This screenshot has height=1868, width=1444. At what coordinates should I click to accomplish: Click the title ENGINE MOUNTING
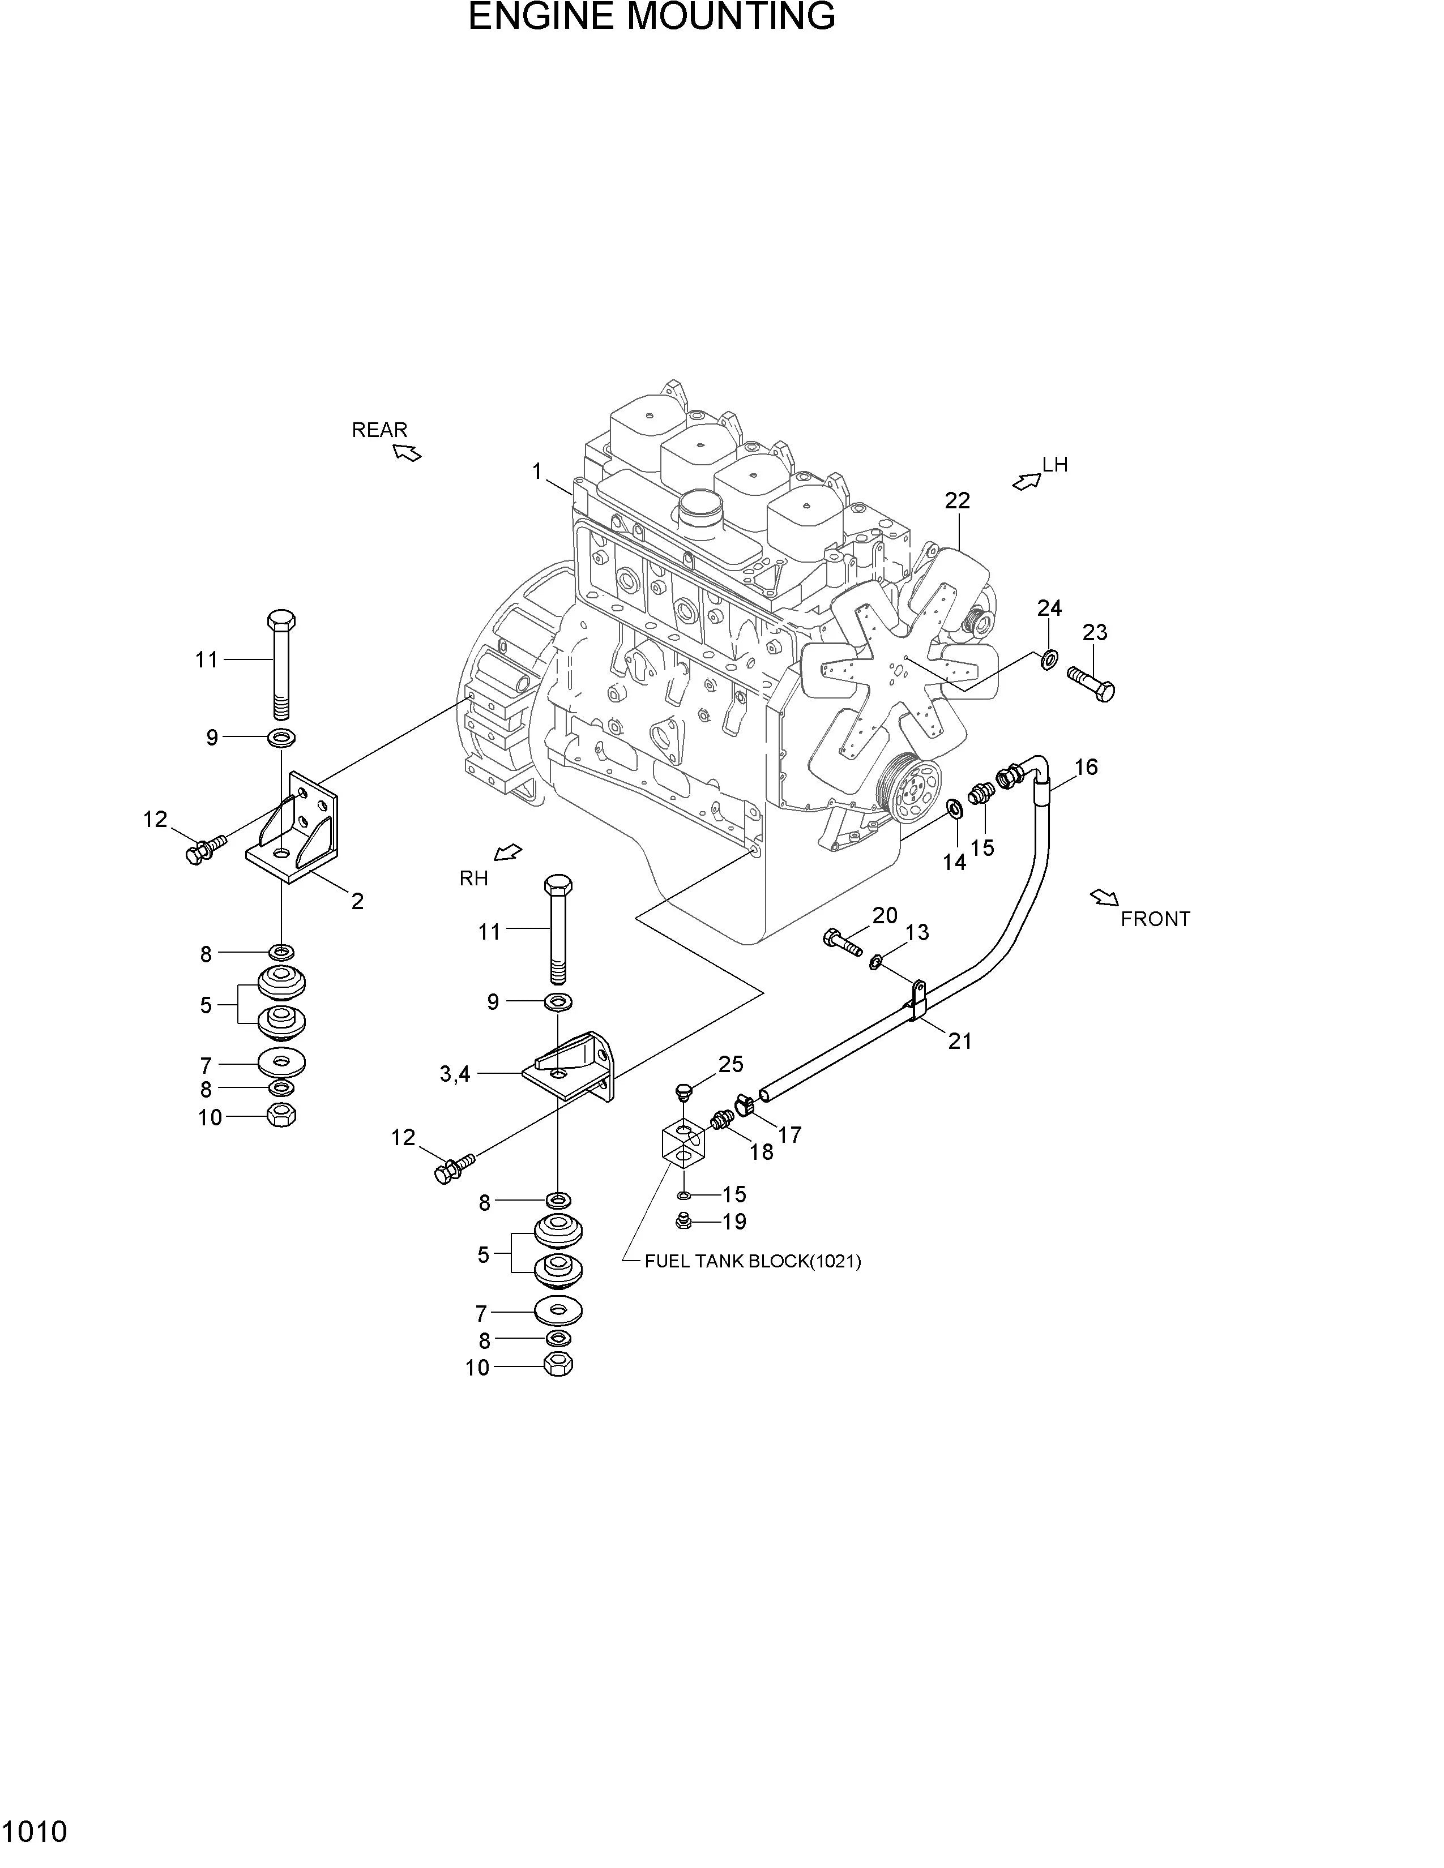651,17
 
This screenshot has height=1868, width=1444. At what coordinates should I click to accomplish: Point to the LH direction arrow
1026,482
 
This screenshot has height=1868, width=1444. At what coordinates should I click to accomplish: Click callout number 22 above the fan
957,501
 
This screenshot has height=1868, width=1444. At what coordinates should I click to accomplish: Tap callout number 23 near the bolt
1094,632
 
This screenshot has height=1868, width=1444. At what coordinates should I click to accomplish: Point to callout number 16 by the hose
1086,766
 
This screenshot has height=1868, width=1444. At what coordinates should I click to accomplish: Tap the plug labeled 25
683,1091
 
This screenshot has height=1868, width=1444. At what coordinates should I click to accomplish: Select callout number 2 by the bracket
357,901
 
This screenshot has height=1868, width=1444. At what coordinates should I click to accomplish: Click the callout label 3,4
455,1073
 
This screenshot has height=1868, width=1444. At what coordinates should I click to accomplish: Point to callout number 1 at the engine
537,472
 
